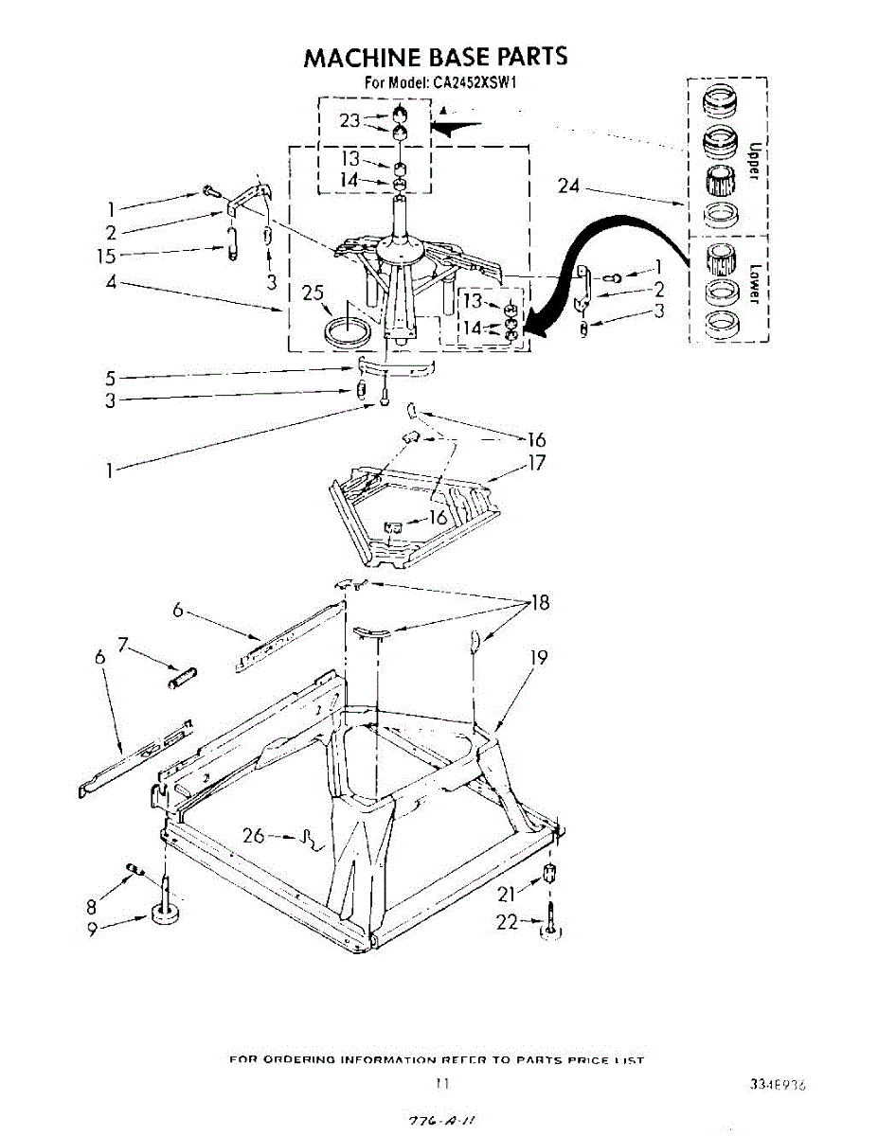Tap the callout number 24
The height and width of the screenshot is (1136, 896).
568,186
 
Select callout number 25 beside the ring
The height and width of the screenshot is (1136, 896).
314,294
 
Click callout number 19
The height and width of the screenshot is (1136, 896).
538,656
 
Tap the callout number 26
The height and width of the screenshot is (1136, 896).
255,836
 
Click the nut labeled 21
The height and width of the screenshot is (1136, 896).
547,874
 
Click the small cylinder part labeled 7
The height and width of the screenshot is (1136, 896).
182,677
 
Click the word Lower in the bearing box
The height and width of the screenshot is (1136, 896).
755,281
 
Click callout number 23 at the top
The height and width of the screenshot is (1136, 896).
350,120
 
